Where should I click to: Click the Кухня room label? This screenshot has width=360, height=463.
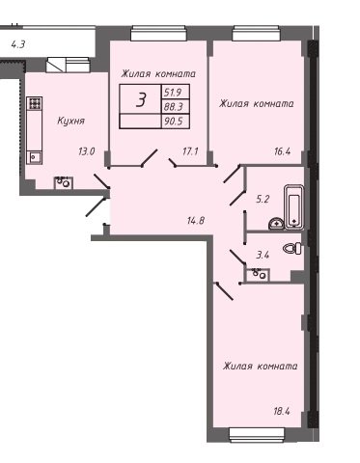[70, 122]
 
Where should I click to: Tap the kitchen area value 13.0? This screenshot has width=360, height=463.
[87, 151]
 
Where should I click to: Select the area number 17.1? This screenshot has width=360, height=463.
[190, 151]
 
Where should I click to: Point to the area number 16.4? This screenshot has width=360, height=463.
[282, 151]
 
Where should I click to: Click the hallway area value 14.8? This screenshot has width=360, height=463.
[196, 221]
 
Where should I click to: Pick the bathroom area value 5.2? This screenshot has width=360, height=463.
[263, 200]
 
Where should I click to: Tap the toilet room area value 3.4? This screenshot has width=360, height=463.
[263, 256]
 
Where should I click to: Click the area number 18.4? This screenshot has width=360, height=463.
[282, 411]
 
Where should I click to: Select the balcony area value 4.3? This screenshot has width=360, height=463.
[18, 44]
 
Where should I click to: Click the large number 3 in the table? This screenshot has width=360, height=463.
[141, 99]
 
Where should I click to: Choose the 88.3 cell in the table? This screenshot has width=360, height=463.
[174, 106]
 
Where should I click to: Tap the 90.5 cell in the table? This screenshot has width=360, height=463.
[174, 122]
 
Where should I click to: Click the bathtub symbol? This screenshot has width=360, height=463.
[294, 206]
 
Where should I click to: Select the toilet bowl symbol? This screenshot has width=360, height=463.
[292, 248]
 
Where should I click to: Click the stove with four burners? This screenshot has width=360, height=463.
[35, 103]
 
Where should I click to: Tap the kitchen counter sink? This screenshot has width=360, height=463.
[34, 157]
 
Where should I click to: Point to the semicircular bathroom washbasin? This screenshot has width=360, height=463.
[276, 224]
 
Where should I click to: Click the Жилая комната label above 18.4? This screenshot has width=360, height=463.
[260, 367]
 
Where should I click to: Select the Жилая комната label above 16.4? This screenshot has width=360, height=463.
[257, 104]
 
